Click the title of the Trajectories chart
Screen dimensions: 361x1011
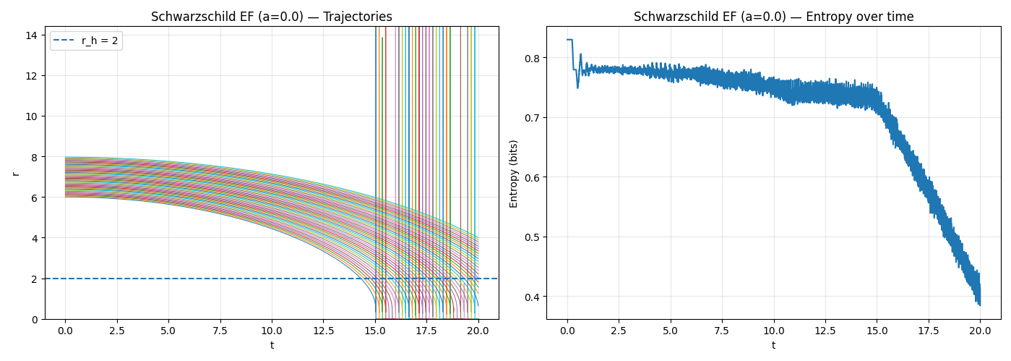(x=272, y=17)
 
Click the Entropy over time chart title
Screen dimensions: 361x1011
(x=773, y=17)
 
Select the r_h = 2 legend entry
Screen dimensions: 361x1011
(x=86, y=41)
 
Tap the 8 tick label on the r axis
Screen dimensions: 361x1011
(x=35, y=157)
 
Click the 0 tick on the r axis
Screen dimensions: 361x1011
(x=35, y=319)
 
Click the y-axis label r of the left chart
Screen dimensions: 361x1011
(x=15, y=173)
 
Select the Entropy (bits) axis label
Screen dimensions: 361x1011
(x=514, y=174)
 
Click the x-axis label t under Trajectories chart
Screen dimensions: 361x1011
(x=272, y=345)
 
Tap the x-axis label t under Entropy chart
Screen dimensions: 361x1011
(x=773, y=345)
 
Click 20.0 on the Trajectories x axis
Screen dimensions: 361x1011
(x=478, y=331)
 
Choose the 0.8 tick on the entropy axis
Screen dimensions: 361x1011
(x=531, y=58)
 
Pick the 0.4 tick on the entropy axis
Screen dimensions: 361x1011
(x=531, y=297)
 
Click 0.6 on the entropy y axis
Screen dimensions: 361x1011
(x=531, y=177)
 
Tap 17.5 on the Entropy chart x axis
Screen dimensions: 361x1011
(x=929, y=331)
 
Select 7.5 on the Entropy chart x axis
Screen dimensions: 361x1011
(x=722, y=331)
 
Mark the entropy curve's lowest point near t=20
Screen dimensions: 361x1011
(x=980, y=305)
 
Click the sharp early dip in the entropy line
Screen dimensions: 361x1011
(x=577, y=88)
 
